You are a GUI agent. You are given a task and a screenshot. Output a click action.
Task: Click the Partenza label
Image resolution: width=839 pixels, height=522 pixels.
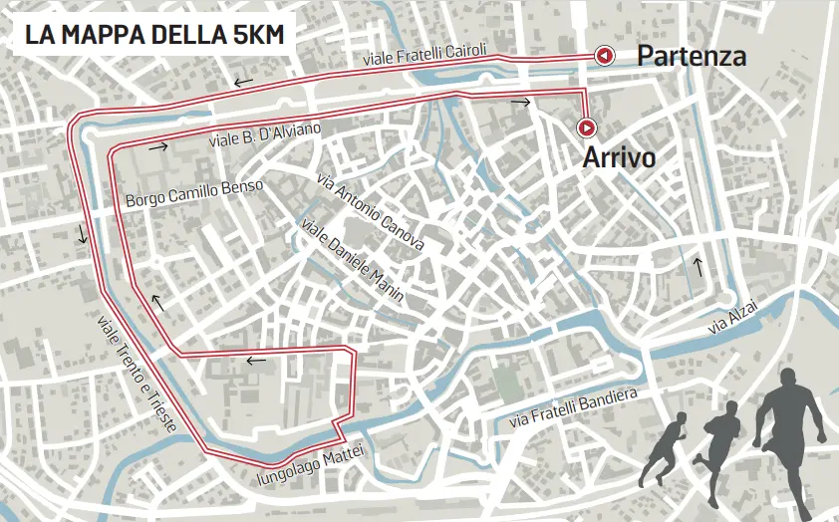tap(692, 56)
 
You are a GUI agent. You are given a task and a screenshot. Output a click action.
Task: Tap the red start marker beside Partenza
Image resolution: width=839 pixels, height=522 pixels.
tap(603, 56)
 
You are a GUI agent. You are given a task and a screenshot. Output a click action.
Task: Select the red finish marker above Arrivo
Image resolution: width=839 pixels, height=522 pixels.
tap(587, 127)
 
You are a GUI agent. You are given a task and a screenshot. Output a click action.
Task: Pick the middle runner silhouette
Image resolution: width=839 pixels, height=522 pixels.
tap(720, 437)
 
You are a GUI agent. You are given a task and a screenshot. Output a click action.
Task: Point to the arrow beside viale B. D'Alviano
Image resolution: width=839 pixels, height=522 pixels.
tap(156, 146)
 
